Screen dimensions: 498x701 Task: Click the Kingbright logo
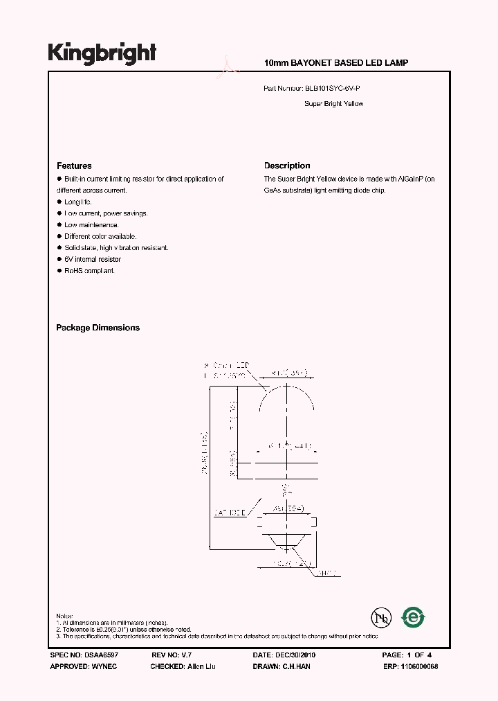coord(102,53)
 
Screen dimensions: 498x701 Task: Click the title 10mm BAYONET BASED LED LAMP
coord(336,63)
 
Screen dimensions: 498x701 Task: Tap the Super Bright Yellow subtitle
coord(333,104)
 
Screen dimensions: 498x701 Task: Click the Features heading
coord(74,166)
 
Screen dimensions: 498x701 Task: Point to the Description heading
coord(287,166)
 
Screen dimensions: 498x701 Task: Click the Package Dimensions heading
coord(98,328)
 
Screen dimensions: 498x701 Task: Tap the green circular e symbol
coord(414,616)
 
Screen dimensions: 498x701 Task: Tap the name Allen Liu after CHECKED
coord(201,666)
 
